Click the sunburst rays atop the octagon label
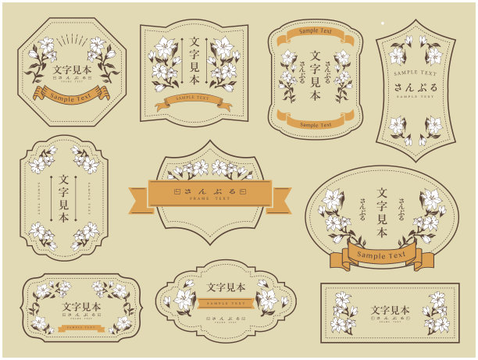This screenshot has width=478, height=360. (x=71, y=38)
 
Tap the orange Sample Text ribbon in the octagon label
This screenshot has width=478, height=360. (x=71, y=94)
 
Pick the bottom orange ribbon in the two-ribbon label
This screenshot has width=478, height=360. (x=316, y=122)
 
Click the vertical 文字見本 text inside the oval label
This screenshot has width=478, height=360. (x=382, y=213)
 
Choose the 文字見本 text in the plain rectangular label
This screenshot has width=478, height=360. (x=389, y=310)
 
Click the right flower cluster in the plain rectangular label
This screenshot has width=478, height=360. (x=436, y=313)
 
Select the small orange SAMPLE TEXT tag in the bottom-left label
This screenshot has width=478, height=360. (x=81, y=328)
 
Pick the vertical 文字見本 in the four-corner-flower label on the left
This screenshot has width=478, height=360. (x=64, y=199)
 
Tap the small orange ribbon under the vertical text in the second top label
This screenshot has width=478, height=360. (x=194, y=99)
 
